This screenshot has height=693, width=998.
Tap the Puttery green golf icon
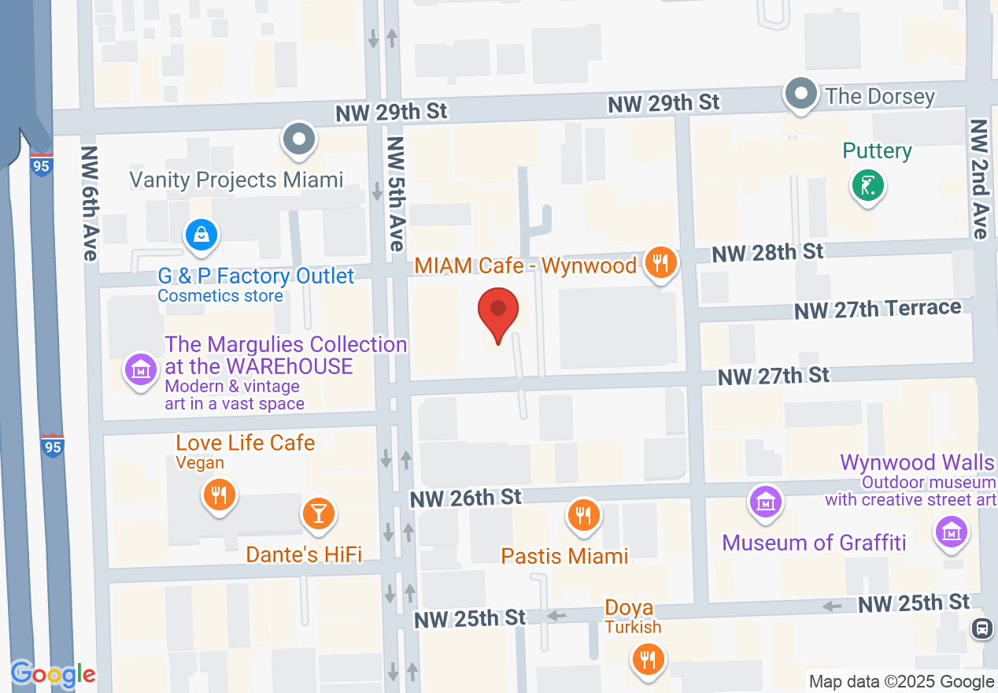[867, 186]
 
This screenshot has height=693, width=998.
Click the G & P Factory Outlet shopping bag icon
[201, 235]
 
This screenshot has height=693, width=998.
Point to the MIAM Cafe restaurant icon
[660, 264]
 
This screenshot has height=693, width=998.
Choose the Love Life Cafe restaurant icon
[219, 495]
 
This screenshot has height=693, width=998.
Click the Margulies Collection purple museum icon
[141, 369]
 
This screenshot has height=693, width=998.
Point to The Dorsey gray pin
[801, 94]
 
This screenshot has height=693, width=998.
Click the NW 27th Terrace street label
[877, 309]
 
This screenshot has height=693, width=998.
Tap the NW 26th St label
[465, 498]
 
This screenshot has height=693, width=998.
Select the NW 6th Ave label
[89, 203]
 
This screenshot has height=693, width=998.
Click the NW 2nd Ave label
[978, 179]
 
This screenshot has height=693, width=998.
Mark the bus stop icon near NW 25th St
[981, 628]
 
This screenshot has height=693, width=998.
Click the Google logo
[53, 674]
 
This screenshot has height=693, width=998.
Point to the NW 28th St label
[767, 253]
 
